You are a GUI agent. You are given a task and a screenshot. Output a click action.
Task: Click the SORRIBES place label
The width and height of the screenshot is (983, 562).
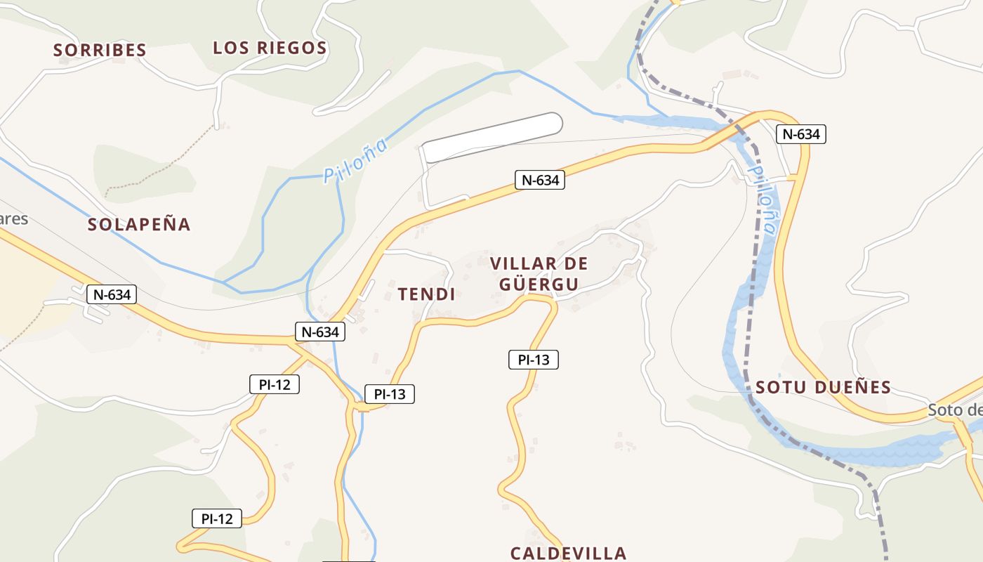click(100, 50)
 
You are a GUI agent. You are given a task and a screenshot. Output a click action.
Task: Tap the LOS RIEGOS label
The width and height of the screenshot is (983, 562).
click(270, 48)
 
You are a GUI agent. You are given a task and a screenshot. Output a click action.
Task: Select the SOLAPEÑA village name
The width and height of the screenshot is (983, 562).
click(139, 224)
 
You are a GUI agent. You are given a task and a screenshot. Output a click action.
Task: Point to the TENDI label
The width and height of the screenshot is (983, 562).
click(426, 294)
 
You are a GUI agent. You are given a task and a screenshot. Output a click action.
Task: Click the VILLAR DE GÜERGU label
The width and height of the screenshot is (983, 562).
click(539, 274)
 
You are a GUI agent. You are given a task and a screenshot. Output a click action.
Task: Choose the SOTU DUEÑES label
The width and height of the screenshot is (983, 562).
click(823, 387)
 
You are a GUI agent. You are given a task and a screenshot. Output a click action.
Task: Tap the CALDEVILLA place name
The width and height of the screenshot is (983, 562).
click(568, 553)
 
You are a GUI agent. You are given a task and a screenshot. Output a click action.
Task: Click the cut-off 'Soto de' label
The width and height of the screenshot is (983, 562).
click(955, 410)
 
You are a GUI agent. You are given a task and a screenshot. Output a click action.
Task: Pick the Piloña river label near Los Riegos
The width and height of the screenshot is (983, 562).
click(355, 162)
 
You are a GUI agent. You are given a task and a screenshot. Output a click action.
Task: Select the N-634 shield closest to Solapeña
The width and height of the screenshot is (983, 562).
click(112, 294)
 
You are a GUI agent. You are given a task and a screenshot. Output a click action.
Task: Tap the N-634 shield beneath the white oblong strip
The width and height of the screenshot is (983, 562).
click(539, 180)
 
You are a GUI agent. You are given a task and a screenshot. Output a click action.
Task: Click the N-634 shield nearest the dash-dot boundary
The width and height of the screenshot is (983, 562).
click(800, 134)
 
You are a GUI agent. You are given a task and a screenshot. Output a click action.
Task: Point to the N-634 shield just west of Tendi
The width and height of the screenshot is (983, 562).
click(320, 332)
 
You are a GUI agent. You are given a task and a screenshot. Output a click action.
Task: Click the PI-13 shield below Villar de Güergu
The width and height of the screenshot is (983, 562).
click(533, 360)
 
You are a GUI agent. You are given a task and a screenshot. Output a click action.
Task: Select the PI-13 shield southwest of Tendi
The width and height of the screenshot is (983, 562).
click(390, 394)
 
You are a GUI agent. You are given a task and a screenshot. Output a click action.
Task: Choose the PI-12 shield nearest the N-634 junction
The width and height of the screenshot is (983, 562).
click(275, 384)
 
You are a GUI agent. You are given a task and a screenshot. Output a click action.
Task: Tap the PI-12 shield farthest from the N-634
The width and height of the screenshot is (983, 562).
click(217, 519)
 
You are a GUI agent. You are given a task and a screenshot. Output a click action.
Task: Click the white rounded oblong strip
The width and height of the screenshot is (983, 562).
click(492, 136)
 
